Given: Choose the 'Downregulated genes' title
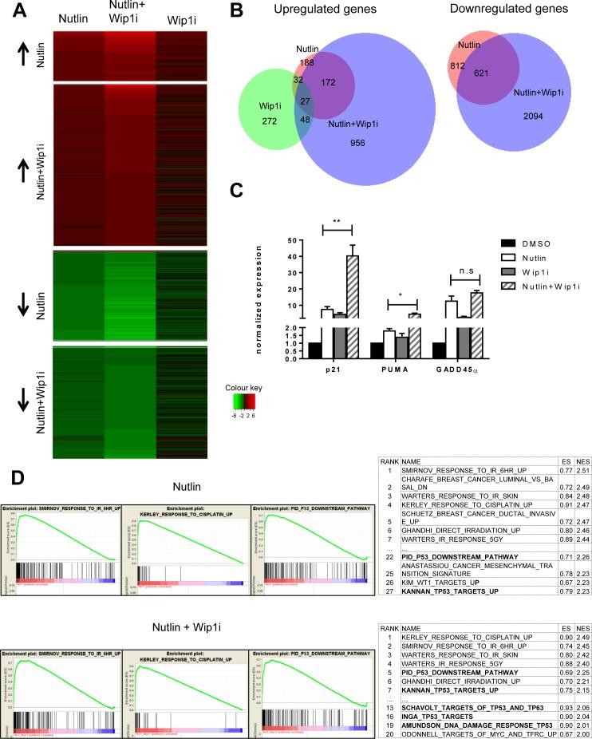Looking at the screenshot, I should coord(511,10).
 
